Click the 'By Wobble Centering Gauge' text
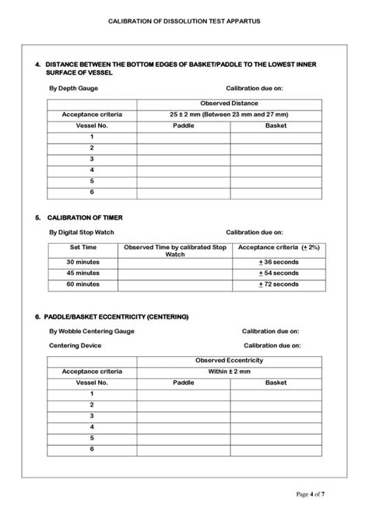(x=91, y=331)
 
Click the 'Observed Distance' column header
(x=229, y=104)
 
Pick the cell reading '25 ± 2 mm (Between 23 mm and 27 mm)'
(x=229, y=115)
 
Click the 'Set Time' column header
(x=82, y=247)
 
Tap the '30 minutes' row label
(x=82, y=263)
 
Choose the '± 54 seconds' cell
(x=278, y=273)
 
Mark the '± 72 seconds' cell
(x=278, y=284)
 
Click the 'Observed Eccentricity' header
(x=229, y=361)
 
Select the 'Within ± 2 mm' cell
(x=229, y=372)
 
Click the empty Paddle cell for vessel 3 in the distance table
(x=183, y=158)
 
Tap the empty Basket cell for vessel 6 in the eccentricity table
(x=276, y=450)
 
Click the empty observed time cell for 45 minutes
(x=174, y=273)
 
